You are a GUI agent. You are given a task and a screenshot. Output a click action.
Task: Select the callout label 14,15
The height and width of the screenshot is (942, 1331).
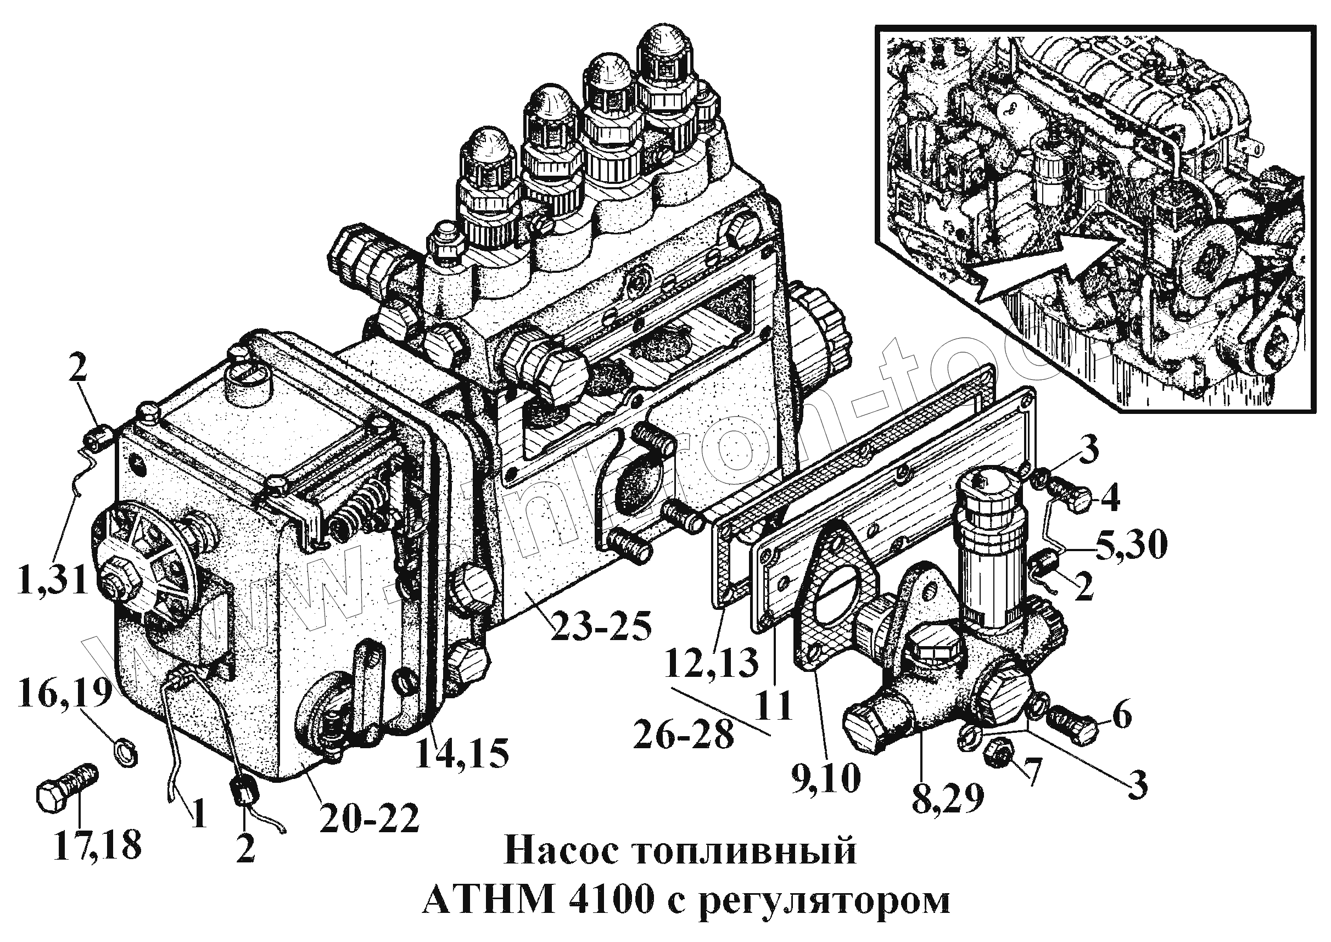point(461,753)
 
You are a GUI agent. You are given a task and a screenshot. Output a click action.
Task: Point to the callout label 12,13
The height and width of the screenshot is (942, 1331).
point(711,663)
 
